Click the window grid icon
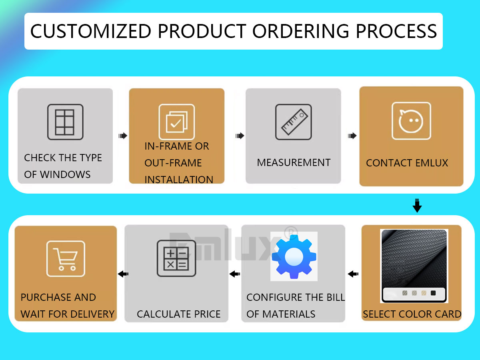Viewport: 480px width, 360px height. coord(65,122)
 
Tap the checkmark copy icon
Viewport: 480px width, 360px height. coord(177,122)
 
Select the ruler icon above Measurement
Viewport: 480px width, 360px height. coord(294,122)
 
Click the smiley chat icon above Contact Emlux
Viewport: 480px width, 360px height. coord(411,121)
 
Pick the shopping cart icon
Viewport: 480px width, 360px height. coord(66,259)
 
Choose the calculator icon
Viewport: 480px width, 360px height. coord(176,258)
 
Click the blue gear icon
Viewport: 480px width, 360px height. coord(294,256)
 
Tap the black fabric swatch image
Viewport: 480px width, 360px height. coord(414,266)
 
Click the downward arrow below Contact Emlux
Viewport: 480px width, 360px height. coord(417,206)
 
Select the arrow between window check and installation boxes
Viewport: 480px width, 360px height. coord(123,136)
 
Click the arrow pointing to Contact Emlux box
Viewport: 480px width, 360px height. coord(352,136)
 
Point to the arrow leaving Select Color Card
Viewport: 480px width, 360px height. coord(353,274)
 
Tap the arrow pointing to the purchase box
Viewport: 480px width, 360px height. coord(123,274)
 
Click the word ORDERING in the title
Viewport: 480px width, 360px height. coord(301,31)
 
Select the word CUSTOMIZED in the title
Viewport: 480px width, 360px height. coord(91,31)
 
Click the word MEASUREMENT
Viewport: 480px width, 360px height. coord(294,163)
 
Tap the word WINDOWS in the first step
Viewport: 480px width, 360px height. coord(65,174)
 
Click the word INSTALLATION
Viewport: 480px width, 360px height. coord(179,180)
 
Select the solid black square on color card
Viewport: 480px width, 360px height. coord(433,293)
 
